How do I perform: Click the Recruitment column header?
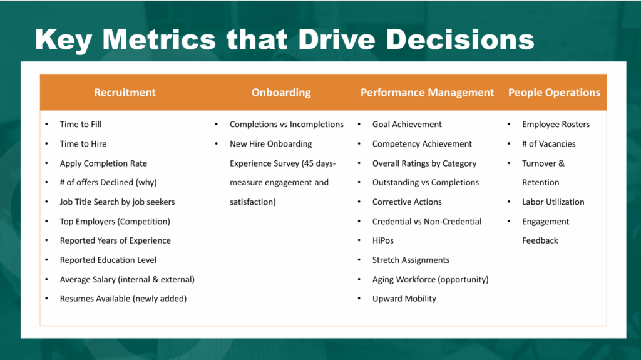(x=125, y=93)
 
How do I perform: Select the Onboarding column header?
(x=281, y=93)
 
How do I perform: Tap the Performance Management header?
(x=427, y=93)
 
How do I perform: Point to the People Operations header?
(x=555, y=93)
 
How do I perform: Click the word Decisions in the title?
(x=460, y=39)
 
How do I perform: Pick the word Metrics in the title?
(x=159, y=39)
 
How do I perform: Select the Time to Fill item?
(x=81, y=125)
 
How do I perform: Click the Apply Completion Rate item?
(x=103, y=163)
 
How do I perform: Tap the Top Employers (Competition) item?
(x=115, y=222)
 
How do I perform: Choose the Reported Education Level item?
(x=108, y=260)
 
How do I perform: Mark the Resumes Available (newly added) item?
(x=123, y=299)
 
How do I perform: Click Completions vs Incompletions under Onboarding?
(x=287, y=125)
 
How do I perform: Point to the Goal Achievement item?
(x=407, y=125)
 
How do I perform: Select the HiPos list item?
(x=383, y=240)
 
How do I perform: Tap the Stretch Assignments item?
(x=411, y=260)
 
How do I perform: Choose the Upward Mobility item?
(x=404, y=299)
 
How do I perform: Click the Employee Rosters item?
(x=556, y=125)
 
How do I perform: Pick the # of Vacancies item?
(x=548, y=144)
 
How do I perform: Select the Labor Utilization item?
(x=553, y=202)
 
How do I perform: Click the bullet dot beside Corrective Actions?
(x=359, y=202)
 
